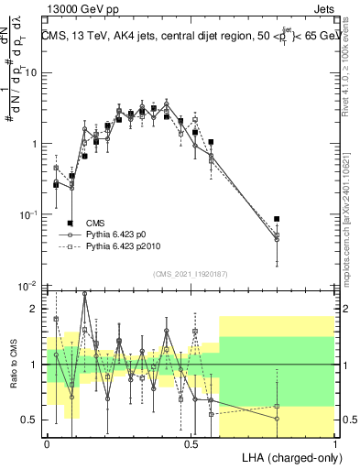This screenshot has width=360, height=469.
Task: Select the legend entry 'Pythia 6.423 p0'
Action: (x=119, y=235)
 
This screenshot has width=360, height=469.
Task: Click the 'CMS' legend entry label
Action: (x=94, y=223)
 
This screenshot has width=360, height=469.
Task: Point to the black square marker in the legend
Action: (x=70, y=224)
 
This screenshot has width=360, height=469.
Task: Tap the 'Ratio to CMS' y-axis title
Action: (x=12, y=365)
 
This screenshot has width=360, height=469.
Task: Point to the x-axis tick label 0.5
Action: (x=191, y=442)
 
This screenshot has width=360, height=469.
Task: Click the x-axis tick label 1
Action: (x=335, y=442)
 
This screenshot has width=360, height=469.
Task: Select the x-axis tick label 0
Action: (x=47, y=442)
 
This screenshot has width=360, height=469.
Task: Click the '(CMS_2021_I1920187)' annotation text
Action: (x=190, y=273)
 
